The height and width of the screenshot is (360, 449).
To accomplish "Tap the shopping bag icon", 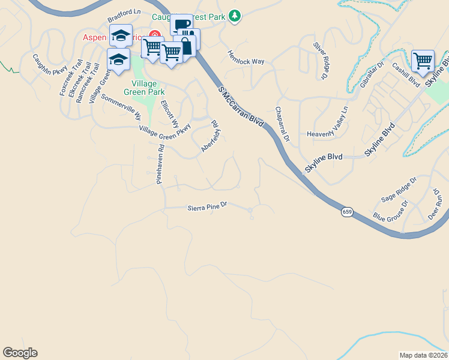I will point(186,46).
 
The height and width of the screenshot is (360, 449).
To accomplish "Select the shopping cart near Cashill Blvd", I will point(423,60).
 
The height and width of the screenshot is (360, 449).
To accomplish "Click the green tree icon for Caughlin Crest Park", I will point(236,16).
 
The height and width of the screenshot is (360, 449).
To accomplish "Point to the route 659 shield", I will point(347,212).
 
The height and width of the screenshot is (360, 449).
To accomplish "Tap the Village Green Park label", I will point(140,88).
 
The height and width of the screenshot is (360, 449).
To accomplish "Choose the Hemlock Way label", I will point(246,57).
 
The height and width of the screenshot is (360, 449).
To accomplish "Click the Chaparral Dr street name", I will point(282,124).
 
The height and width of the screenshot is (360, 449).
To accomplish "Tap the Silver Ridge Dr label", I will point(321,61).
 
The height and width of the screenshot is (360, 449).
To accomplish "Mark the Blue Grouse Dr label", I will point(390,210).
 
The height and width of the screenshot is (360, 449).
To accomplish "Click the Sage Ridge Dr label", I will point(399,190).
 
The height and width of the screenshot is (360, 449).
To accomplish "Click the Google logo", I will point(20,353).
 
